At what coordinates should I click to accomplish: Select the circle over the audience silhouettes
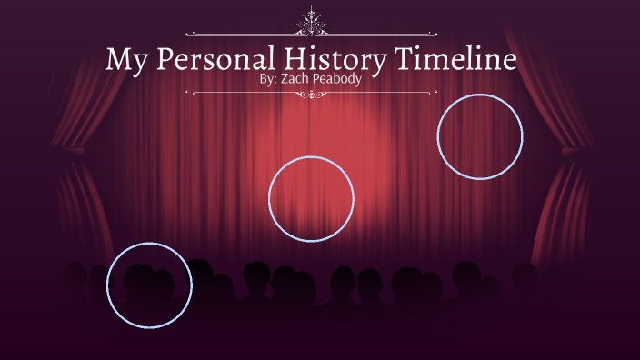tap(149, 285)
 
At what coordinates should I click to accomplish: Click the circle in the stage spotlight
tap(311, 199)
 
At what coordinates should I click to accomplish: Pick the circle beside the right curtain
tap(480, 136)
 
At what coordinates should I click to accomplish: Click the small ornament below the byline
tap(312, 93)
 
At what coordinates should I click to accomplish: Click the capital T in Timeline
tap(404, 59)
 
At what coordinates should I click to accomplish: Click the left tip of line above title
tap(186, 34)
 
